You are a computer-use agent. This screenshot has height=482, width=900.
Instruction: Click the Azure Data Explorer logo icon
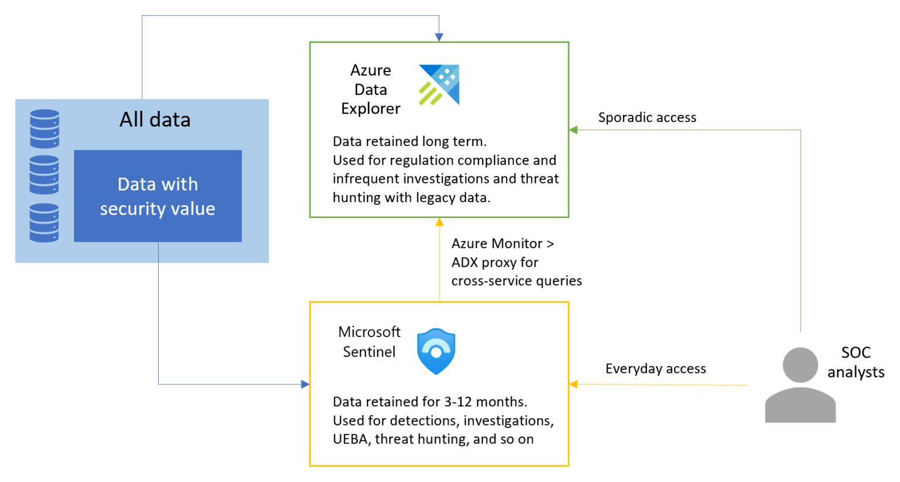point(439,85)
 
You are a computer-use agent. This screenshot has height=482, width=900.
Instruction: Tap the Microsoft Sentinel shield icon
point(436,351)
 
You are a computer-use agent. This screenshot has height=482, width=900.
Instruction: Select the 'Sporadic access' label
point(647,117)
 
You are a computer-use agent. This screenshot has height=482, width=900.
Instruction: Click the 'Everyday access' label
point(655,369)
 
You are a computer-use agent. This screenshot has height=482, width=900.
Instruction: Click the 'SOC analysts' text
point(855,362)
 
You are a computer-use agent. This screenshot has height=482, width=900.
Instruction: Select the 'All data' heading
point(155,120)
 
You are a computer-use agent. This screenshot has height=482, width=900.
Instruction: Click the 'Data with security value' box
point(158,196)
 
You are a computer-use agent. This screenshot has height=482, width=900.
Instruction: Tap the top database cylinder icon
point(45,128)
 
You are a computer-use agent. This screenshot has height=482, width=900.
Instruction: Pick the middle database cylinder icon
point(45,175)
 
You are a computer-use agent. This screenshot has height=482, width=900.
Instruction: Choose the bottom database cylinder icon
point(45,222)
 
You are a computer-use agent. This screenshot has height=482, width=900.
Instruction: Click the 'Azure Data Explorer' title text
point(370,90)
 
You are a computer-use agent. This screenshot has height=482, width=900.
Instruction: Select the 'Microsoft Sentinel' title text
point(369,342)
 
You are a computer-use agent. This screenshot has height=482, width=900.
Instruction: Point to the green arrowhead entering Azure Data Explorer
point(574,130)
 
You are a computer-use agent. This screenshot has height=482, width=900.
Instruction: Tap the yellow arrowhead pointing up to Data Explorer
point(439,222)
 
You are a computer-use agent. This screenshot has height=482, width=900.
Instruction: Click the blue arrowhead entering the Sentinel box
point(305,384)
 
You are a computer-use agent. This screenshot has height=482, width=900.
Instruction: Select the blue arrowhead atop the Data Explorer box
point(439,38)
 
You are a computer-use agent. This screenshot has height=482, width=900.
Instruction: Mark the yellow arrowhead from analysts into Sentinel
point(574,384)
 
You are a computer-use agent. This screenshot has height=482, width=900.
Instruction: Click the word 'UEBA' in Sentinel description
point(350,439)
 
